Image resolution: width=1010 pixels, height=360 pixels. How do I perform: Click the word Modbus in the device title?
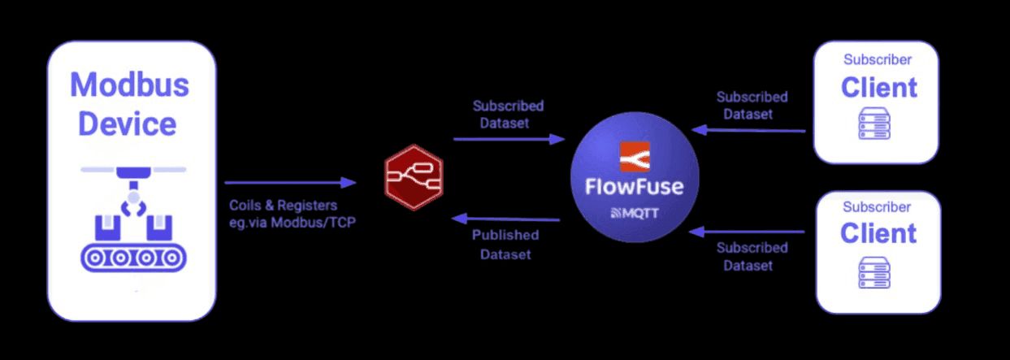129,85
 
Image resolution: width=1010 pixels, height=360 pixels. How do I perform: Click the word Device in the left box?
127,124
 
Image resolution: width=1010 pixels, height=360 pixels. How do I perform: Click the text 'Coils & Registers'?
282,206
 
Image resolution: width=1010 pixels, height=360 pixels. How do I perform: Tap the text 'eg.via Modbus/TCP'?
291,222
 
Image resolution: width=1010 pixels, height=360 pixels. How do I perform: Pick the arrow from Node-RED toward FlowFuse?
509,139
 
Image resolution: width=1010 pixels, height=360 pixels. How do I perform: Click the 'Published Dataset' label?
505,245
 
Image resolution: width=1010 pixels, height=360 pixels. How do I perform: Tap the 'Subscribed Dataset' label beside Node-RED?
508,115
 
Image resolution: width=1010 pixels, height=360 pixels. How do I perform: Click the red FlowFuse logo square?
635,157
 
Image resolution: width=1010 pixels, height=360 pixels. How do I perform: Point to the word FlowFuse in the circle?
635,186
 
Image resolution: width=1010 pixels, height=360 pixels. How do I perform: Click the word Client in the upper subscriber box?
878,87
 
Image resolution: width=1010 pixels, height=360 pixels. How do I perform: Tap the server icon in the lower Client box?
874,271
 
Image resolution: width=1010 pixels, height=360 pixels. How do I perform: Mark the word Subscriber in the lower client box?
877,206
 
